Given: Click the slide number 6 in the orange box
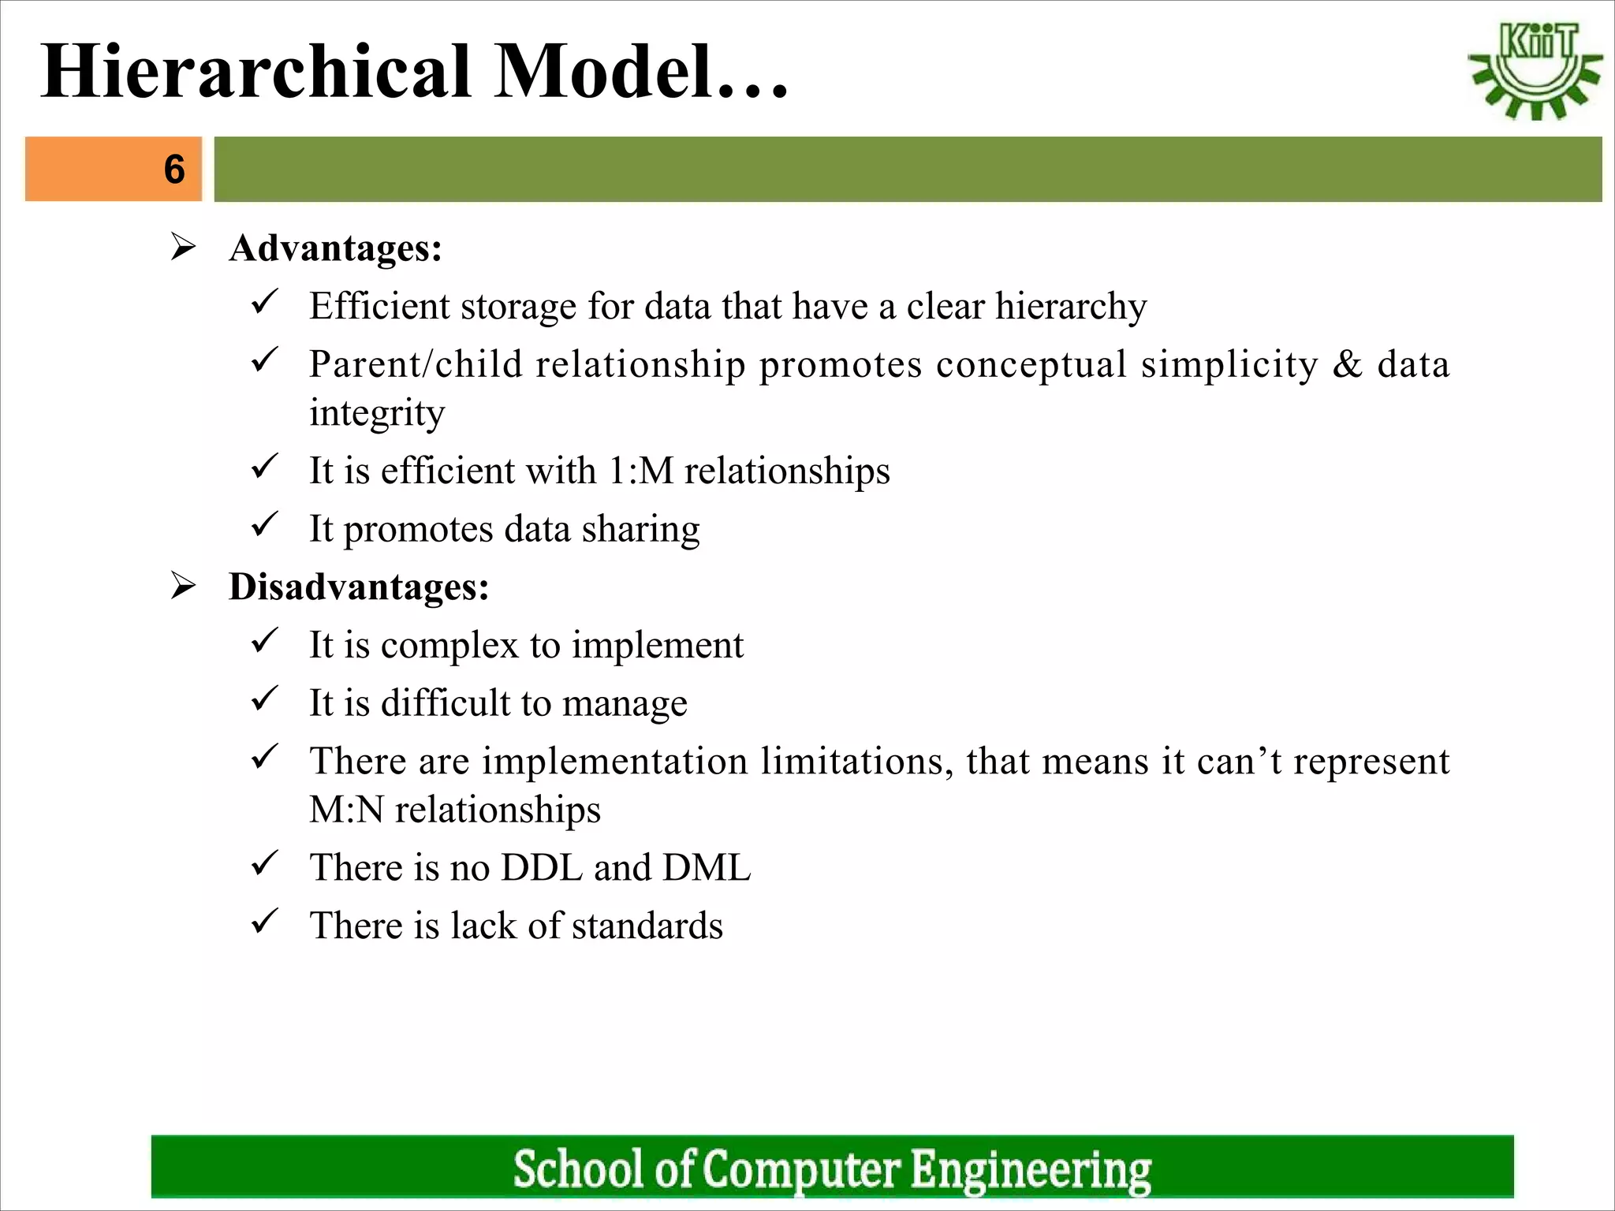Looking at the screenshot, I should pyautogui.click(x=174, y=169).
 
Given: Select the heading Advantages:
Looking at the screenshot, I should pyautogui.click(x=335, y=248).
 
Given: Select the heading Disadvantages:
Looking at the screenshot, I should pyautogui.click(x=359, y=587).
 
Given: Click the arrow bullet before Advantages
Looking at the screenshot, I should pyautogui.click(x=184, y=248).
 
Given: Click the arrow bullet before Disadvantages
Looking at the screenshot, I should pyautogui.click(x=184, y=587).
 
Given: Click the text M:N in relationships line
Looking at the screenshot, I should pyautogui.click(x=346, y=810).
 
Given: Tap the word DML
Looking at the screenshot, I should pyautogui.click(x=707, y=867).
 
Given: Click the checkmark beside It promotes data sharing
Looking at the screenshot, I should pyautogui.click(x=264, y=524).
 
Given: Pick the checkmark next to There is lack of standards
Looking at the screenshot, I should pyautogui.click(x=264, y=921).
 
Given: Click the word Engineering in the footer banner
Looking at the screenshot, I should pyautogui.click(x=1031, y=1169).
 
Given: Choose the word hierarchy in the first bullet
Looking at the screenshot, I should pyautogui.click(x=1070, y=307).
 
